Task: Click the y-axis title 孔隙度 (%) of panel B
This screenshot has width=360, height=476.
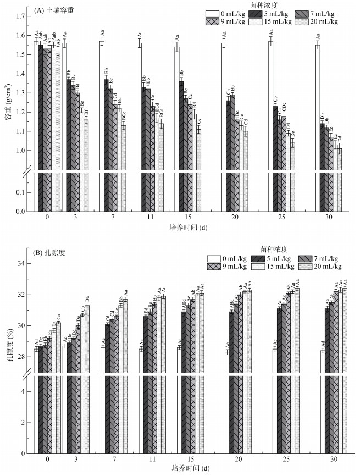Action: click(x=8, y=346)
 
